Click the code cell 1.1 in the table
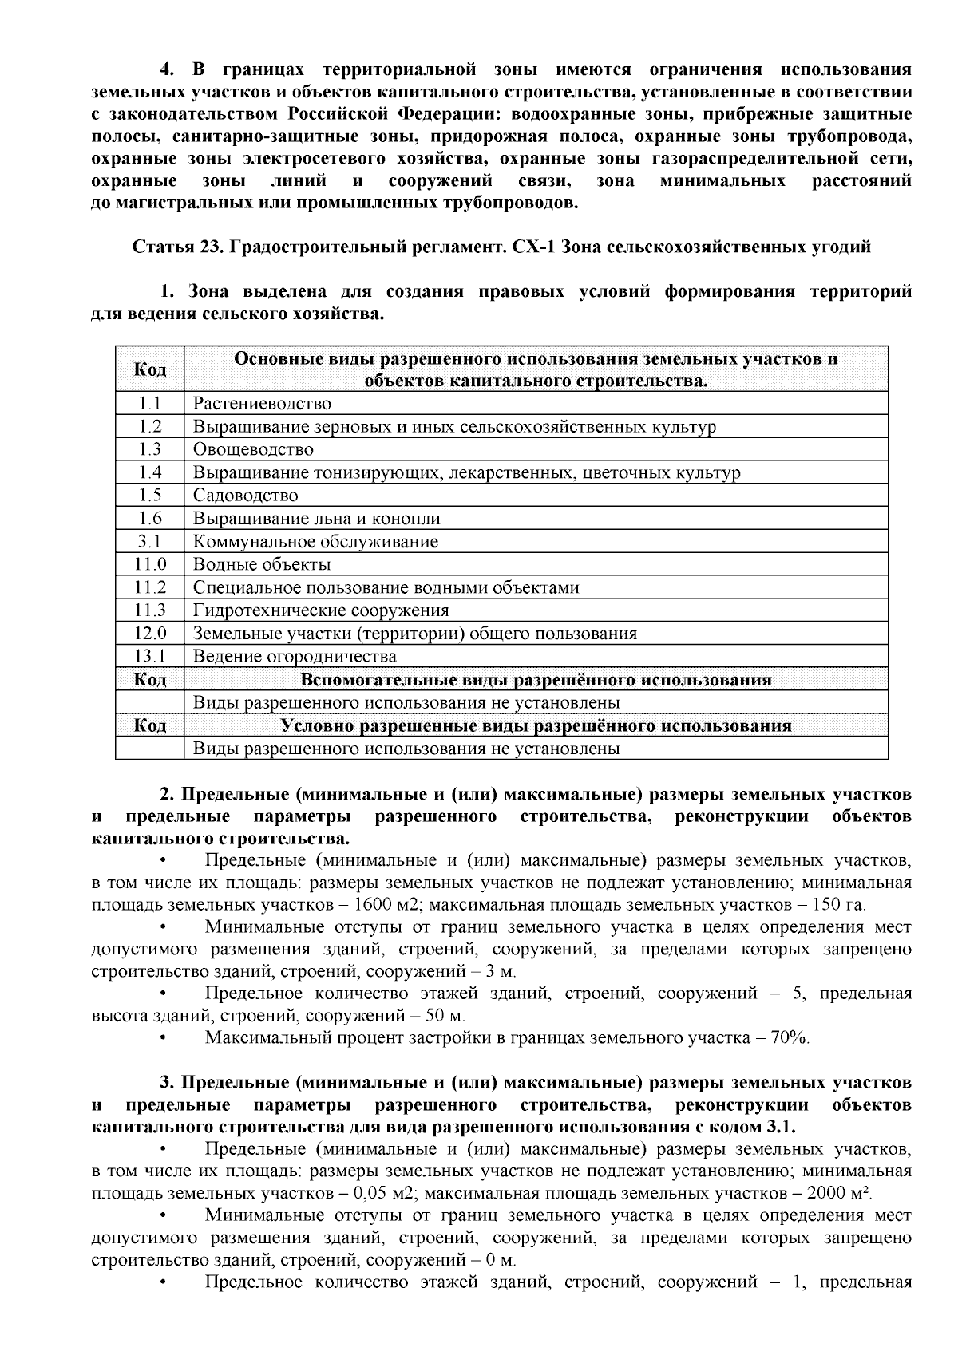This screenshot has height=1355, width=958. pos(149,403)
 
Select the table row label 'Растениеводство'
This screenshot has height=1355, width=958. pos(262,404)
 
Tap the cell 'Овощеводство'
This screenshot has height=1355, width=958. pos(253,449)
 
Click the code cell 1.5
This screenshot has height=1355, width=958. pos(149,496)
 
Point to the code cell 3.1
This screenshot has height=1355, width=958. pos(149,542)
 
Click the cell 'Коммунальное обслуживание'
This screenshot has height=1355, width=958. pos(315,542)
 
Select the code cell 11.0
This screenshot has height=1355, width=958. pos(149,565)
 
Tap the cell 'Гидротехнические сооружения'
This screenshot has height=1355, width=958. pos(321,610)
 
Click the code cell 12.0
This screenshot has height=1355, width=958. pos(149,634)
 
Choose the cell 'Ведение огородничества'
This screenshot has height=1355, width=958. pos(295,657)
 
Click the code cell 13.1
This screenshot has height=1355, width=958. pos(149,657)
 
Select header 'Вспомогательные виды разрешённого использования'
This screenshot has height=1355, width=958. pos(536,680)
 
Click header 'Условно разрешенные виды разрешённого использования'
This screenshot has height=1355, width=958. pos(536,726)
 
